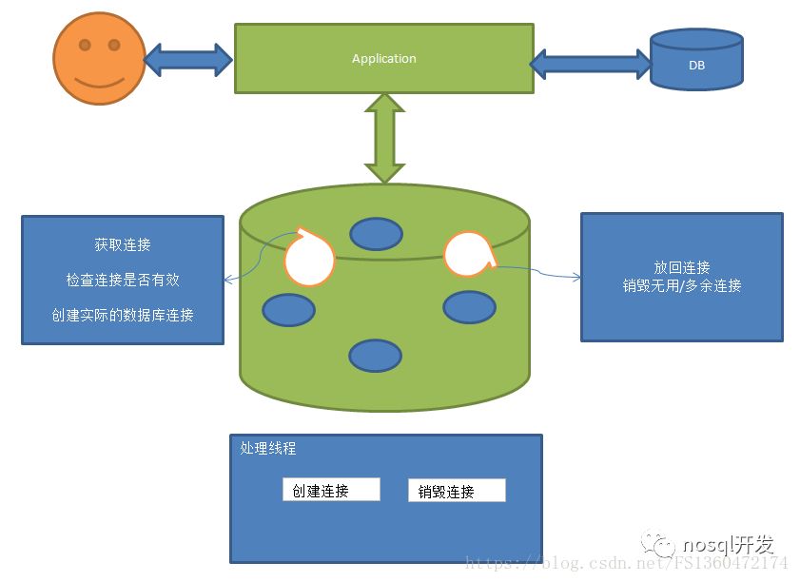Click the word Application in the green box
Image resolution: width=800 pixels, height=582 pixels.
point(383,59)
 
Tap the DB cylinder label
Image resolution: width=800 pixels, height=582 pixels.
point(696,66)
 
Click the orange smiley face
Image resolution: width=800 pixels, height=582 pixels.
point(99,58)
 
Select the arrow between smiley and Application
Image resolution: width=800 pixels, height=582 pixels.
point(188,59)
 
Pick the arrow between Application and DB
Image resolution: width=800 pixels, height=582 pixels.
point(591,64)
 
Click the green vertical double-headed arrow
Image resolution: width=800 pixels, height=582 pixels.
point(385,138)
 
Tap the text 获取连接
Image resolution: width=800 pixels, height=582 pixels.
point(123,245)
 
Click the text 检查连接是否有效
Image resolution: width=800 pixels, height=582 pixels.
point(123,280)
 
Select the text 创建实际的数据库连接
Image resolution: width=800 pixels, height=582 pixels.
point(123,314)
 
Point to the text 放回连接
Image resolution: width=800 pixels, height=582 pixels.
point(682,267)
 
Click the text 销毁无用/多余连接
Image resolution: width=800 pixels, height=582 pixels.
point(682,285)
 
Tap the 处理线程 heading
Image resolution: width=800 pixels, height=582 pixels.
point(269,449)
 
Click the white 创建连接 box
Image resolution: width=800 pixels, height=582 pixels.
point(331,490)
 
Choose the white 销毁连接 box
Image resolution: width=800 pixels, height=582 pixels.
point(457,491)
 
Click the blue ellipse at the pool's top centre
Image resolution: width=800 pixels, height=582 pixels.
point(377,233)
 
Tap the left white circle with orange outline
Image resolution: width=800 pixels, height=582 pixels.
point(310,257)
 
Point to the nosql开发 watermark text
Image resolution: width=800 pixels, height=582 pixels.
point(728,545)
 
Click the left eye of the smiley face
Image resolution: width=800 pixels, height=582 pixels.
point(84,45)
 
